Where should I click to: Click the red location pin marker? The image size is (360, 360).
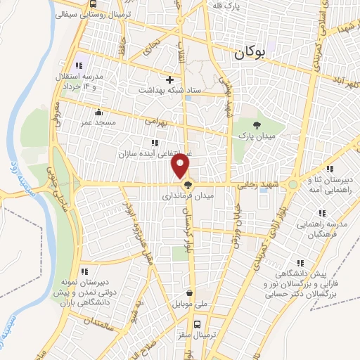tap(181, 166)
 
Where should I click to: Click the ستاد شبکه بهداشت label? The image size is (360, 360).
tap(169, 90)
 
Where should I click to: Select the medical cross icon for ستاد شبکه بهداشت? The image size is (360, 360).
tap(169, 79)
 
